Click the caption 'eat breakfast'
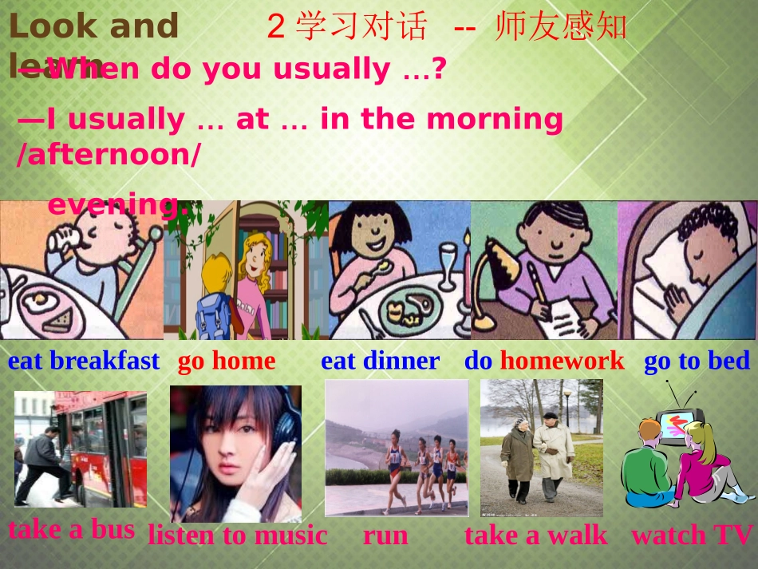point(84,361)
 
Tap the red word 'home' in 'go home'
point(243,361)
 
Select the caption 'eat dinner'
point(380,361)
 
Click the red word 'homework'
point(562,361)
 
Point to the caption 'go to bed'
point(697,361)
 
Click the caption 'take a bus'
point(72,528)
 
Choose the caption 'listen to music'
point(237,535)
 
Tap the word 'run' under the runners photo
point(385,535)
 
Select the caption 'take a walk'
point(535,535)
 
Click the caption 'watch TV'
point(692,535)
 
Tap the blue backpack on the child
point(212,312)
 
